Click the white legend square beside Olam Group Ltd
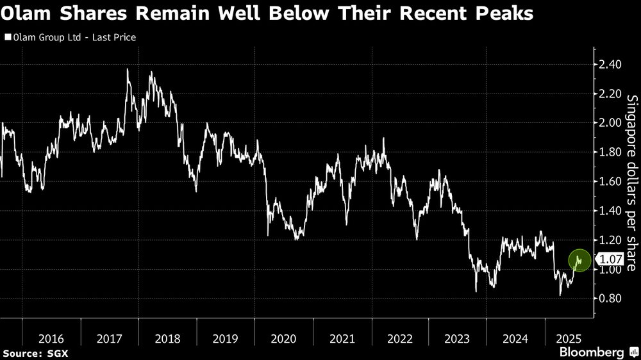point(6,38)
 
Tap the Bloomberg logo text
point(592,352)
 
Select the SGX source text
point(58,353)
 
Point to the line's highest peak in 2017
point(127,69)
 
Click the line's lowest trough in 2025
point(560,295)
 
